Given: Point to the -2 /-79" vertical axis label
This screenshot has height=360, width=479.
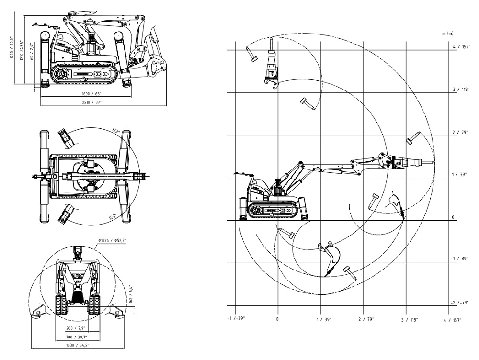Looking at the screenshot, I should pyautogui.click(x=459, y=303).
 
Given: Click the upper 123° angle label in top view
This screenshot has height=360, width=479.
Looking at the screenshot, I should pyautogui.click(x=115, y=130).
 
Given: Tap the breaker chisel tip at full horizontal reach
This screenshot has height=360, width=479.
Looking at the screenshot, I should pyautogui.click(x=434, y=163).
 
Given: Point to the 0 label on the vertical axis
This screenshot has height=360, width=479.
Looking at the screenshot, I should pyautogui.click(x=452, y=217).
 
